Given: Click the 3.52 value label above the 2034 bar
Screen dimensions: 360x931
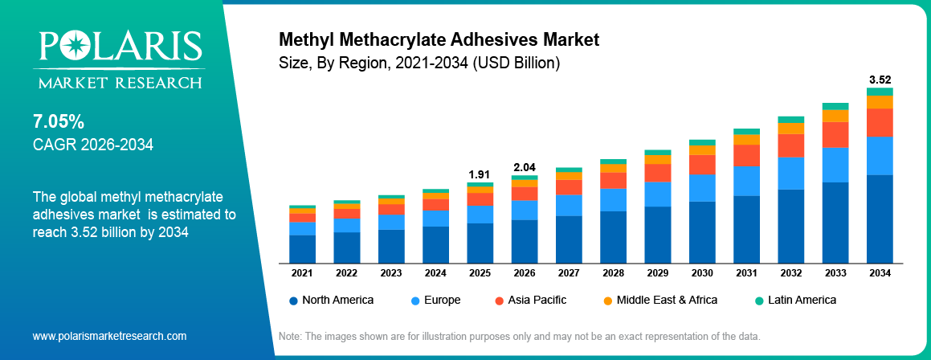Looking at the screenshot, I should pyautogui.click(x=880, y=80).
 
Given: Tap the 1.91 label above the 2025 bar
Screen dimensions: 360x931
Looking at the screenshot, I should pyautogui.click(x=480, y=174).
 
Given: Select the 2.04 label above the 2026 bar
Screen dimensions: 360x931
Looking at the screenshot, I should pyautogui.click(x=524, y=167).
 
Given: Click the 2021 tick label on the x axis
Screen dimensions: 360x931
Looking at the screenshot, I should pyautogui.click(x=302, y=273).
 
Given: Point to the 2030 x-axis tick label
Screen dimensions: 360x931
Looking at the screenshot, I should pyautogui.click(x=702, y=273).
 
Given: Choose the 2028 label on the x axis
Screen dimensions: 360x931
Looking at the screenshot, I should pyautogui.click(x=613, y=273).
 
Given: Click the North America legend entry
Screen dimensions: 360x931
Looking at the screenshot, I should pyautogui.click(x=332, y=300).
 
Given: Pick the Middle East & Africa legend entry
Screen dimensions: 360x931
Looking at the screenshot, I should pyautogui.click(x=659, y=300).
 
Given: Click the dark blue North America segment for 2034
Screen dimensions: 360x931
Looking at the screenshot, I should pyautogui.click(x=880, y=219).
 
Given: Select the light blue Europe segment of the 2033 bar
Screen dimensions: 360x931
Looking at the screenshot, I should pyautogui.click(x=835, y=165).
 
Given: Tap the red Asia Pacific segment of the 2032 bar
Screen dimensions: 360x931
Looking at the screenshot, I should pyautogui.click(x=790, y=145).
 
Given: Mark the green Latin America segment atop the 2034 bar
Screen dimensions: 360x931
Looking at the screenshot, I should pyautogui.click(x=880, y=92).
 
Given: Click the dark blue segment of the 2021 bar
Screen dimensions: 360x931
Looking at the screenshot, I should pyautogui.click(x=302, y=248).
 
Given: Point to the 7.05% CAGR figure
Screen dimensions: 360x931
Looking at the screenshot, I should pyautogui.click(x=59, y=122).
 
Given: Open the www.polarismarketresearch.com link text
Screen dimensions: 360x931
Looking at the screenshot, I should pyautogui.click(x=109, y=336).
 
